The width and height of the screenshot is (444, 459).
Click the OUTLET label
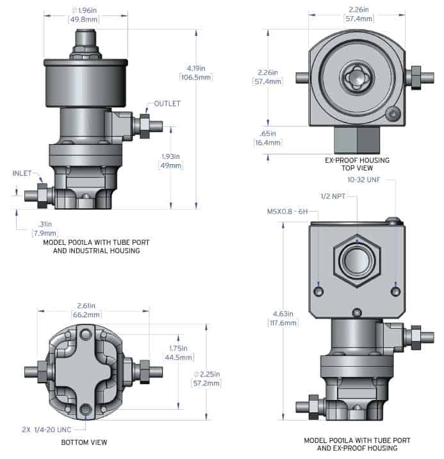167,104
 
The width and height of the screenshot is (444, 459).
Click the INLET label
24,173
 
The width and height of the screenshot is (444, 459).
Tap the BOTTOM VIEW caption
85,442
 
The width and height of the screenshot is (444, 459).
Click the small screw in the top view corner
393,114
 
